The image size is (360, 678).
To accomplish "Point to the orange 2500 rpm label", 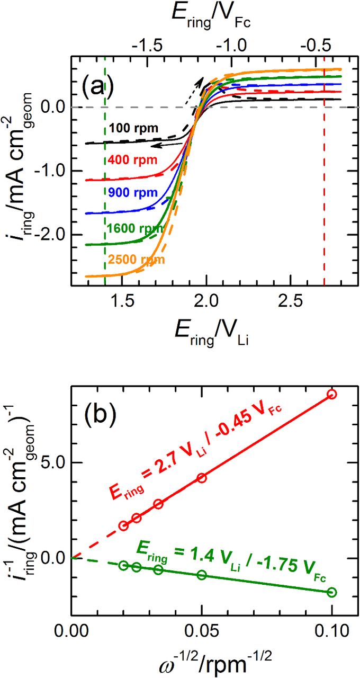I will coord(137,260).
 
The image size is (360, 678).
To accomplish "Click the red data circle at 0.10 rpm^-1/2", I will coord(332,394).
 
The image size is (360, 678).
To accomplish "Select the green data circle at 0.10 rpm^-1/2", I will coord(332,592).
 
